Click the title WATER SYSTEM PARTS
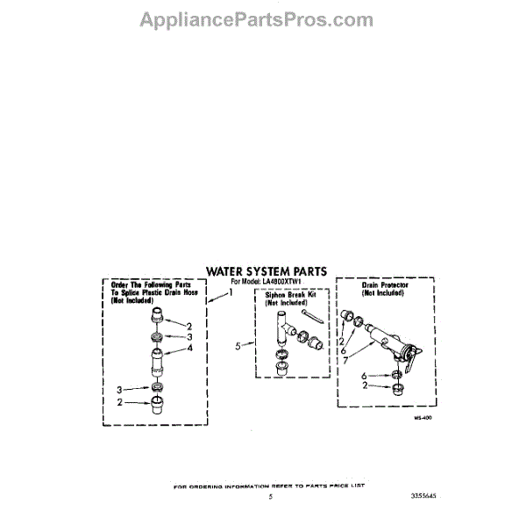tap(267, 271)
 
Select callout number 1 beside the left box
tap(231, 292)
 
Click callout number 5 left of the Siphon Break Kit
tap(238, 346)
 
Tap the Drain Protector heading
tap(381, 286)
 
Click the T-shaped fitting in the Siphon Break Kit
tap(282, 326)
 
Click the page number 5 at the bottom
tap(271, 496)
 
